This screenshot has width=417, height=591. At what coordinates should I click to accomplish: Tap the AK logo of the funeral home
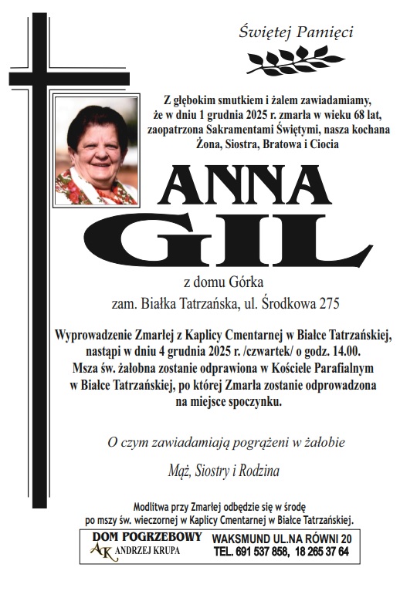point(100,550)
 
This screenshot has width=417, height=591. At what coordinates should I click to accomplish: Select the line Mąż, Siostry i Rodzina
point(224,469)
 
